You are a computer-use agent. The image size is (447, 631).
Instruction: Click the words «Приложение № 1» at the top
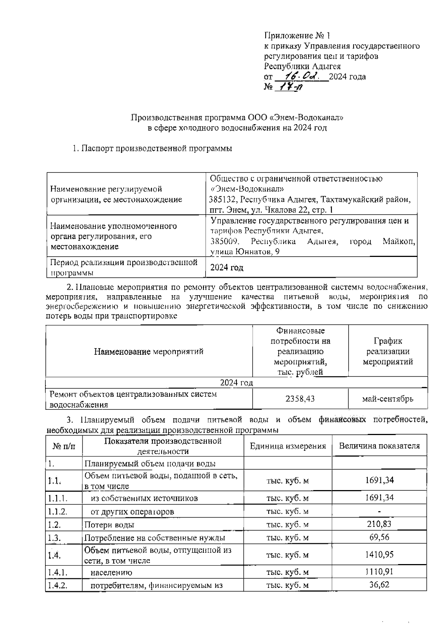click(297, 36)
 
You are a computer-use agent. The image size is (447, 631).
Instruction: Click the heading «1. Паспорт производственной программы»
click(152, 148)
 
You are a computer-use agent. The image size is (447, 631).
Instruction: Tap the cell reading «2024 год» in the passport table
click(227, 267)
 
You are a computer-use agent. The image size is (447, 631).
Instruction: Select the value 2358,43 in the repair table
click(300, 399)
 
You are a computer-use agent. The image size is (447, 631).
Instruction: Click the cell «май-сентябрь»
click(387, 399)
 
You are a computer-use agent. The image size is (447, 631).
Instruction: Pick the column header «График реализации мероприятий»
click(388, 351)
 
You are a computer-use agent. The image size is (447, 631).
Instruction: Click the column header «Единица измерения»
click(288, 446)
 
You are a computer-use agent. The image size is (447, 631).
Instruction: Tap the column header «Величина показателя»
click(379, 446)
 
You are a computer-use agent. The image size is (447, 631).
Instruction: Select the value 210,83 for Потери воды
click(379, 524)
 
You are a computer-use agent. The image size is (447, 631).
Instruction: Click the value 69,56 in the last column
click(379, 537)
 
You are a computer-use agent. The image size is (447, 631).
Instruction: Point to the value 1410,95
click(379, 555)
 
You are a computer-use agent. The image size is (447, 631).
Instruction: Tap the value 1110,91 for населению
click(379, 572)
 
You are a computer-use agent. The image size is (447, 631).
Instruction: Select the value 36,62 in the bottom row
click(379, 585)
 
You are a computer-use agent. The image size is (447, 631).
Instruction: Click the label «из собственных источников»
click(144, 498)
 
